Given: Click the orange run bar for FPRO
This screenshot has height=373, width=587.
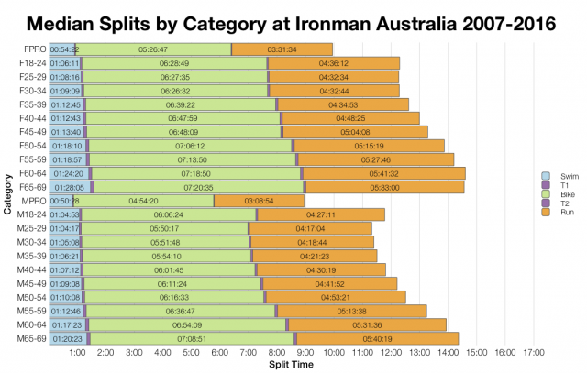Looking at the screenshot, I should (282, 49).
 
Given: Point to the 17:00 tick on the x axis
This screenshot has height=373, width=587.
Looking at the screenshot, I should (534, 352).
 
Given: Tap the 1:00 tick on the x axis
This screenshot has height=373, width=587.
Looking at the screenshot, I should (78, 352).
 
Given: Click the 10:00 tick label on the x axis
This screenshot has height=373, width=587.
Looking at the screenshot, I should (334, 352).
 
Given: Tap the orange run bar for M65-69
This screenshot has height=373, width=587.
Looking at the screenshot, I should (386, 338).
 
